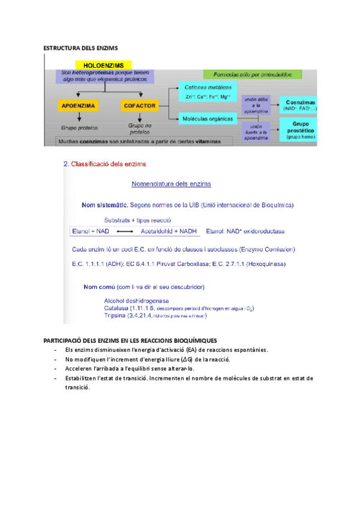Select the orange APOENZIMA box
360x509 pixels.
pyautogui.click(x=79, y=106)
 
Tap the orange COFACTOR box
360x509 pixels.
pyautogui.click(x=140, y=106)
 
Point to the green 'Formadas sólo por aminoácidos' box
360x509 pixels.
pyautogui.click(x=248, y=75)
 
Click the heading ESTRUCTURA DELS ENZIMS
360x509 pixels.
pyautogui.click(x=82, y=47)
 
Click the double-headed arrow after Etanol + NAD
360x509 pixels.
pyautogui.click(x=124, y=231)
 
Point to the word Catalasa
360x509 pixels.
pyautogui.click(x=116, y=308)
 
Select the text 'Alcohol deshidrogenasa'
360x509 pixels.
pyautogui.click(x=136, y=300)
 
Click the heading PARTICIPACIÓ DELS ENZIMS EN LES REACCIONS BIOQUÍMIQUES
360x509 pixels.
pyautogui.click(x=131, y=341)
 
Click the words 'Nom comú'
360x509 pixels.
pyautogui.click(x=100, y=286)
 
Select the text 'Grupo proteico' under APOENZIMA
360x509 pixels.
pyautogui.click(x=79, y=128)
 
